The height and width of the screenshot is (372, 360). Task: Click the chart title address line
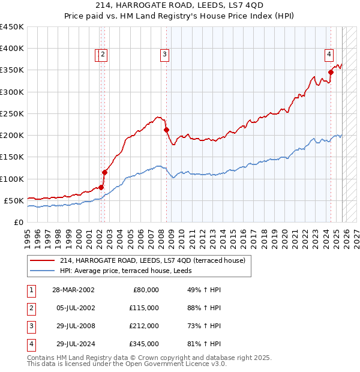click(x=180, y=6)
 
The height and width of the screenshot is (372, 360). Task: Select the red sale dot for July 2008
click(x=166, y=130)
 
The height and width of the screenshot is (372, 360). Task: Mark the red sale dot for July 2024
click(x=331, y=72)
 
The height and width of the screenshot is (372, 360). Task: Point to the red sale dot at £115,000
click(x=104, y=172)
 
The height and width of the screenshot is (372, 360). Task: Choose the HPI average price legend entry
click(x=132, y=271)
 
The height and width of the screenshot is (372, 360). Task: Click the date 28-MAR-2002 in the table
click(x=73, y=290)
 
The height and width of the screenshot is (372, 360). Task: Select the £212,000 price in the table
click(x=144, y=326)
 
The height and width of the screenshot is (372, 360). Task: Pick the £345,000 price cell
click(x=144, y=344)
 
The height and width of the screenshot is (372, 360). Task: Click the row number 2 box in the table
click(x=30, y=308)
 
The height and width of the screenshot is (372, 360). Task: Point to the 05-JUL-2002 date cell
click(x=73, y=308)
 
